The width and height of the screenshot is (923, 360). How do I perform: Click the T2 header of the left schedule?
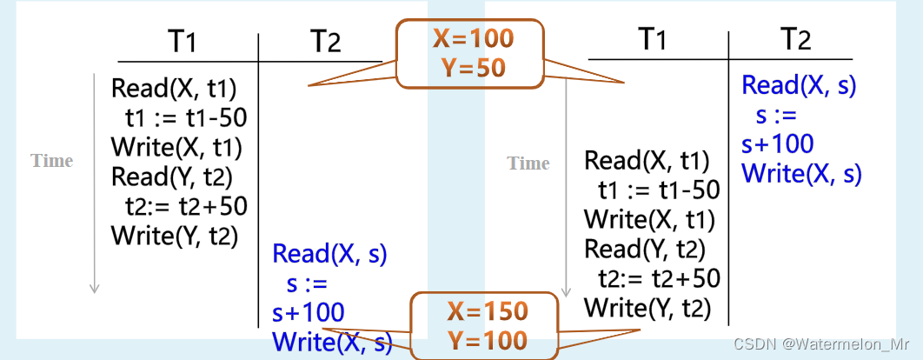324,40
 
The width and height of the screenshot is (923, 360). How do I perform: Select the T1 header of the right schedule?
659,38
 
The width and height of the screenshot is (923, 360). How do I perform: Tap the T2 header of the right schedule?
794,38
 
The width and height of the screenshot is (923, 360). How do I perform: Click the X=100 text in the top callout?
473,38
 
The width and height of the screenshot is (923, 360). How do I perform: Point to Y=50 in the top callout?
473,67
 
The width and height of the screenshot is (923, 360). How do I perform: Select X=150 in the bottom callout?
487,311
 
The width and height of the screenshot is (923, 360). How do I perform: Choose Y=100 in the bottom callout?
487,339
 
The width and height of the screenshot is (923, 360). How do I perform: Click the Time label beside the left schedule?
52,161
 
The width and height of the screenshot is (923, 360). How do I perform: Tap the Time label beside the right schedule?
528,163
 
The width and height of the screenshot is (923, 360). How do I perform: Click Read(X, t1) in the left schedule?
174,89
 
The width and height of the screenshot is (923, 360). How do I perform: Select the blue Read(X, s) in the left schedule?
329,255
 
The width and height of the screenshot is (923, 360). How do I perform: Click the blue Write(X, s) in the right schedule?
801,173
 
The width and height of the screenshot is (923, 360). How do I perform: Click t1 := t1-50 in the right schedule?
659,190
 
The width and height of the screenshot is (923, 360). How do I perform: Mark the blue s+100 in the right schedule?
778,143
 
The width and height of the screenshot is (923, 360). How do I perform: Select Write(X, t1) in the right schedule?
648,218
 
